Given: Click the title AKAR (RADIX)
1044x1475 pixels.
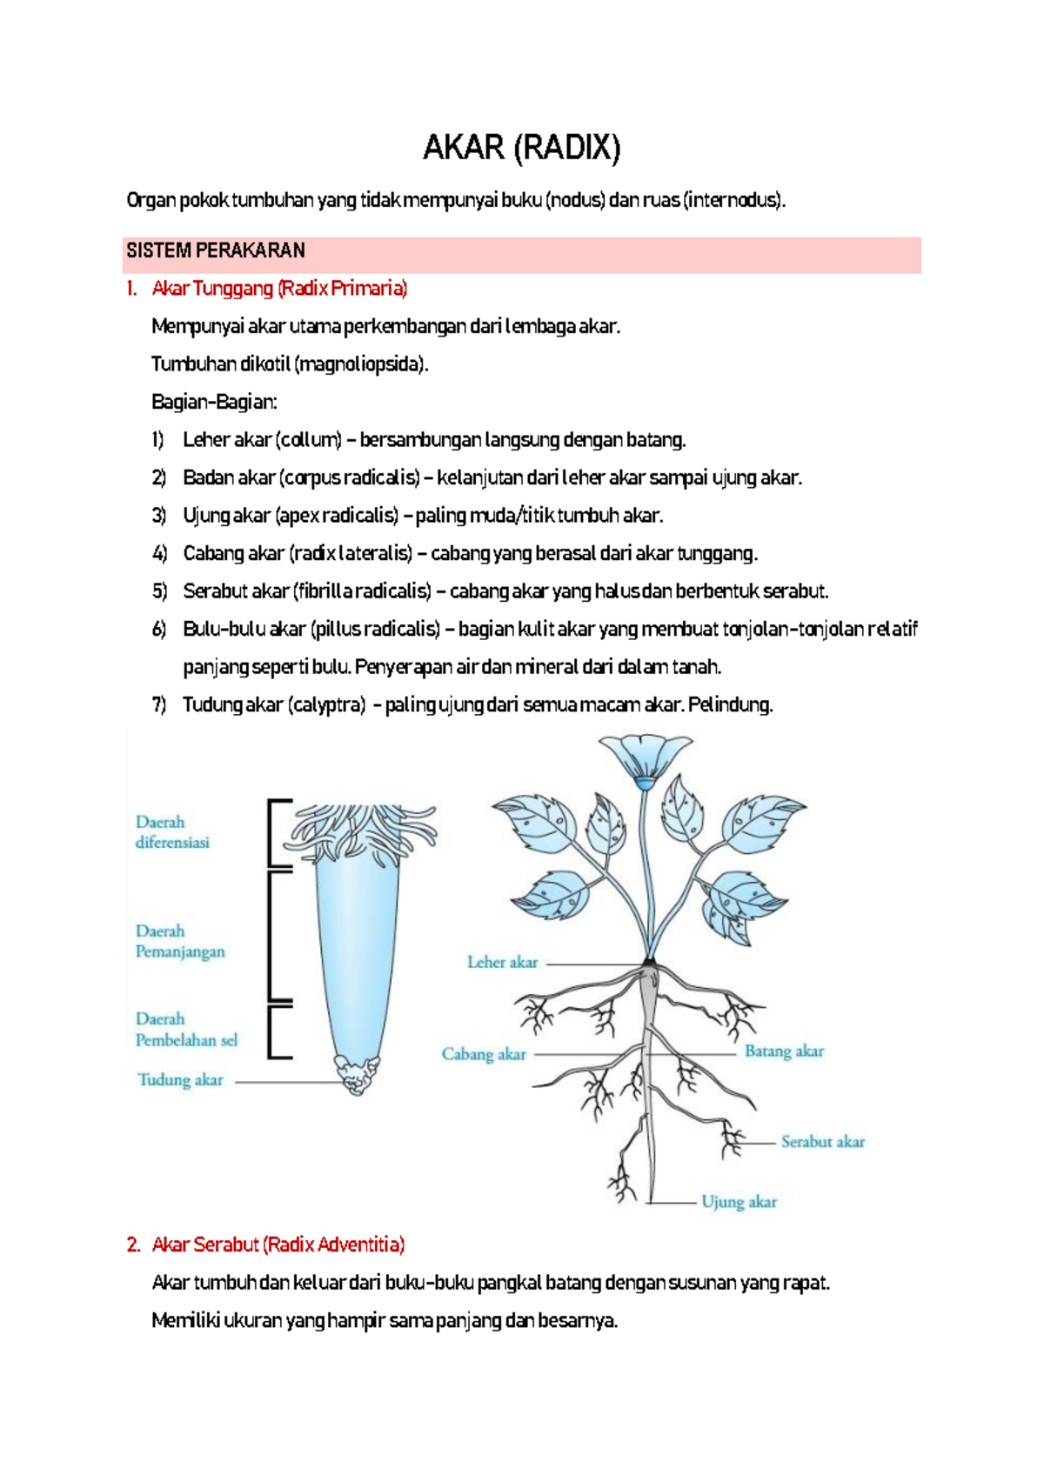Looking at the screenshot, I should coord(521,148).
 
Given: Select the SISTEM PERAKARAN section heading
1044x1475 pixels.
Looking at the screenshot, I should coord(216,251).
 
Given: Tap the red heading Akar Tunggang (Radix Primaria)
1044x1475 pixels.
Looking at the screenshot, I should coord(279,289).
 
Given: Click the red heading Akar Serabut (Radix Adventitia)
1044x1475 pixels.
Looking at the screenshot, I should coord(278,1245).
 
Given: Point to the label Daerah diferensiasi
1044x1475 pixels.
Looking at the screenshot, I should coord(172,832).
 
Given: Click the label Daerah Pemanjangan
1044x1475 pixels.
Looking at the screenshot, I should coord(179,941).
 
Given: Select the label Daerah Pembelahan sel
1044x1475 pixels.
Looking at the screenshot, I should coord(185,1029).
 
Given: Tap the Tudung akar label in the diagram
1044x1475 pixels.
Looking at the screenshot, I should coord(180,1080).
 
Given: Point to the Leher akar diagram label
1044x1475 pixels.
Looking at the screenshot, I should coord(502,963).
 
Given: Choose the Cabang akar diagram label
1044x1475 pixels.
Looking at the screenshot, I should coord(484,1054).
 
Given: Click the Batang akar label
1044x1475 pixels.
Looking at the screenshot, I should coord(784,1051).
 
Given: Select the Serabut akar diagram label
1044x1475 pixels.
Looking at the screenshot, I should coord(822,1142).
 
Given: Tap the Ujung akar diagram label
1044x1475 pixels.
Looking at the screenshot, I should coord(739,1202).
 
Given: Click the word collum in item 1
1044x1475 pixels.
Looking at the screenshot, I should coord(310,440).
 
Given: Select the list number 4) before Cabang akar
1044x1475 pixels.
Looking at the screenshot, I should coord(159,554).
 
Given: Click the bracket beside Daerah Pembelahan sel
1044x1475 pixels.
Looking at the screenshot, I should coord(278,1031).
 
